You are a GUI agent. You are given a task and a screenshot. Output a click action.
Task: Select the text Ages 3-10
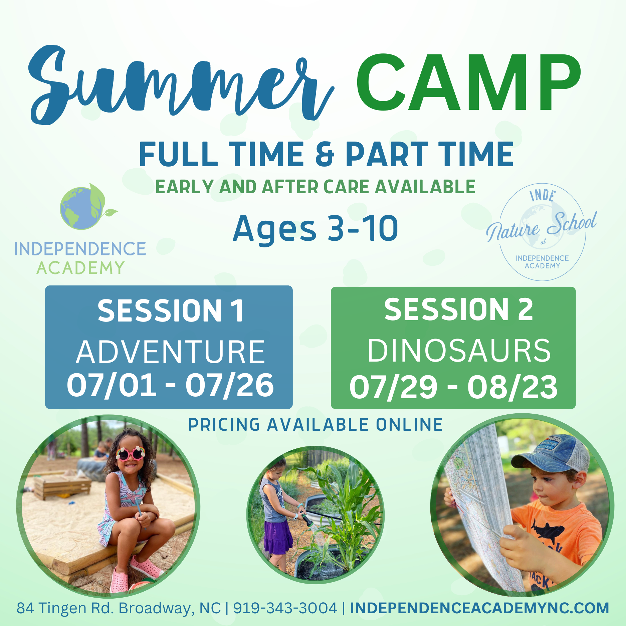(x=316, y=229)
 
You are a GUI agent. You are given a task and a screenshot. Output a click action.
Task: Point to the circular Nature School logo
(x=542, y=232)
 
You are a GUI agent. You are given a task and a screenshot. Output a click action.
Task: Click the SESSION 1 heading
(x=170, y=311)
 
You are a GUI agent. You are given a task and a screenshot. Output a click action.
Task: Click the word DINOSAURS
(x=459, y=350)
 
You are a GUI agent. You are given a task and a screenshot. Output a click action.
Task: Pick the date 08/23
(x=512, y=387)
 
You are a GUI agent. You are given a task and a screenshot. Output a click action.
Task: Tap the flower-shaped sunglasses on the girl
(x=130, y=453)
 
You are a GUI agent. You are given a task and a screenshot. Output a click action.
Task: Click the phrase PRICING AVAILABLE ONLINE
(x=316, y=425)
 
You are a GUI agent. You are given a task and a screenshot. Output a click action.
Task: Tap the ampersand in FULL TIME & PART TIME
(x=325, y=154)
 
